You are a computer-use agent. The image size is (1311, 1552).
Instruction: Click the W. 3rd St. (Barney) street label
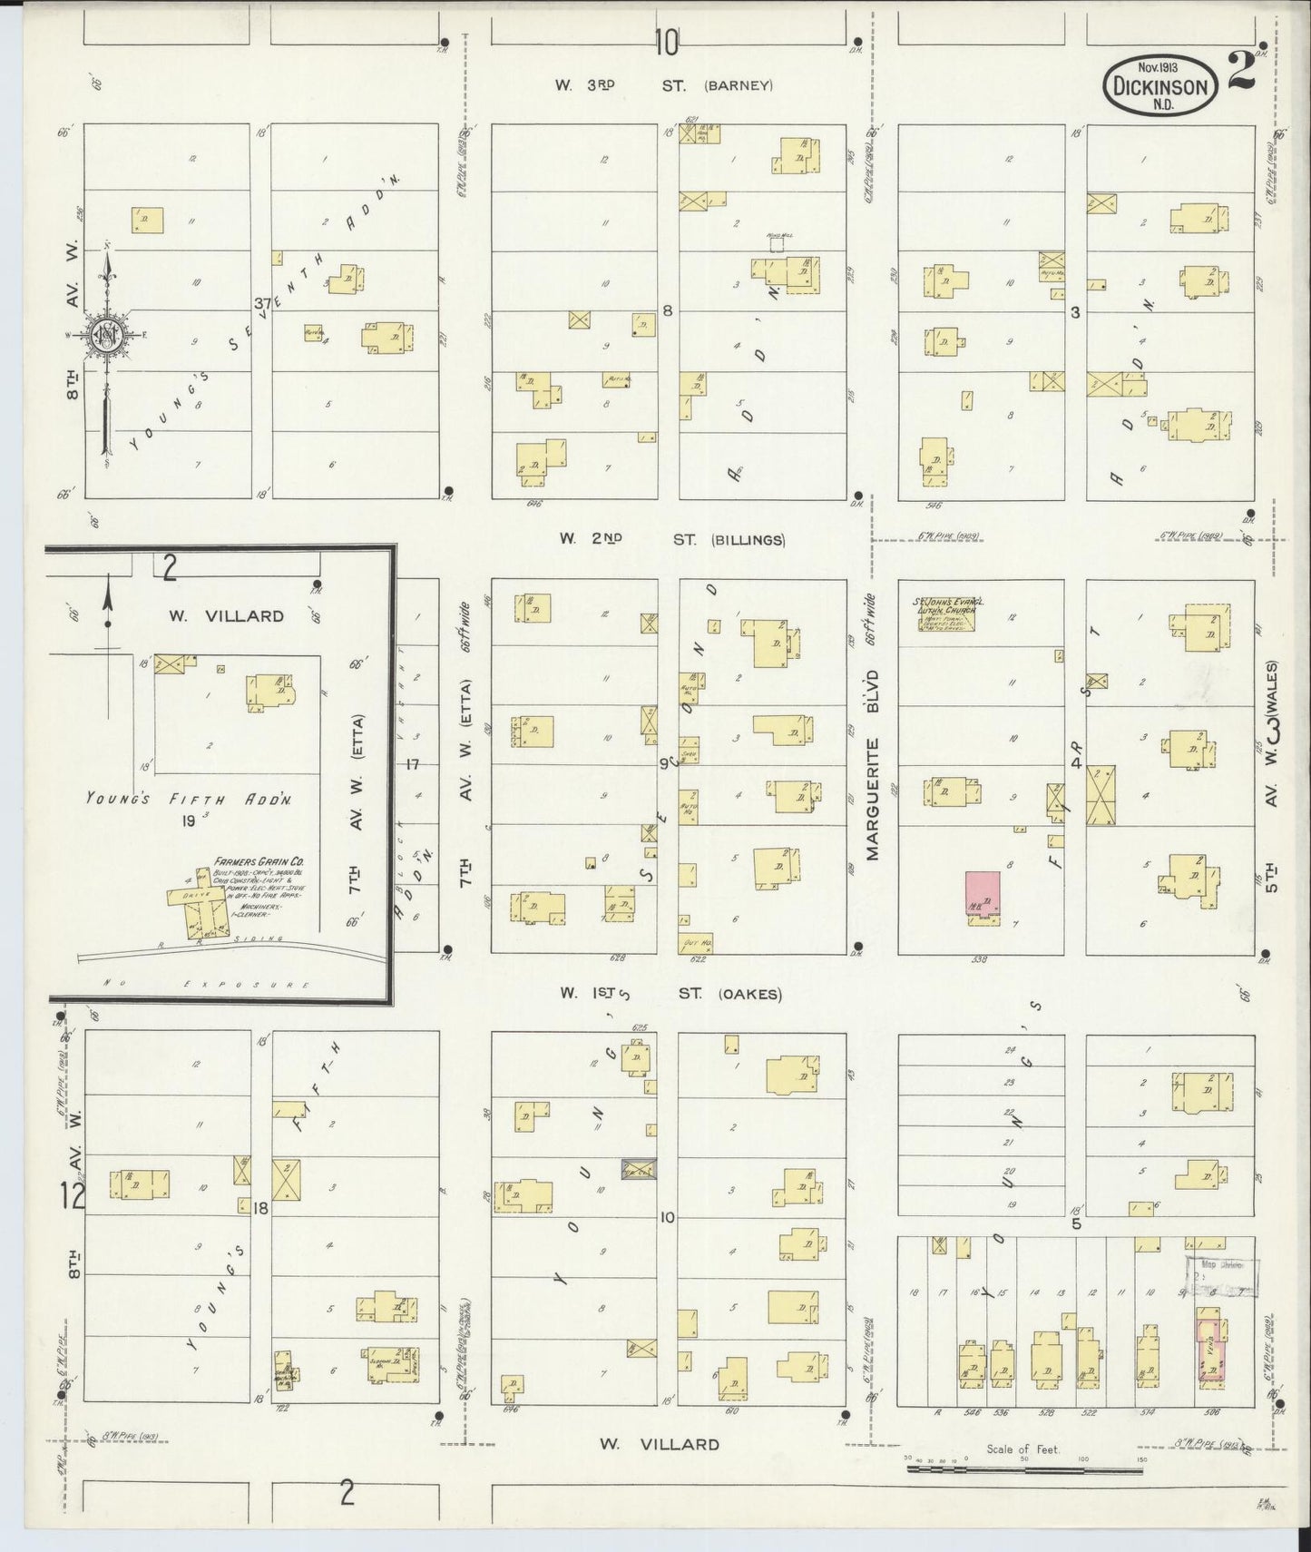665,86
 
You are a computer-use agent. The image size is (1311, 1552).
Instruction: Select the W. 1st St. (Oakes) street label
670,994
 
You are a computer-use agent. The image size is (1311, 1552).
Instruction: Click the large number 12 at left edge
73,1196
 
